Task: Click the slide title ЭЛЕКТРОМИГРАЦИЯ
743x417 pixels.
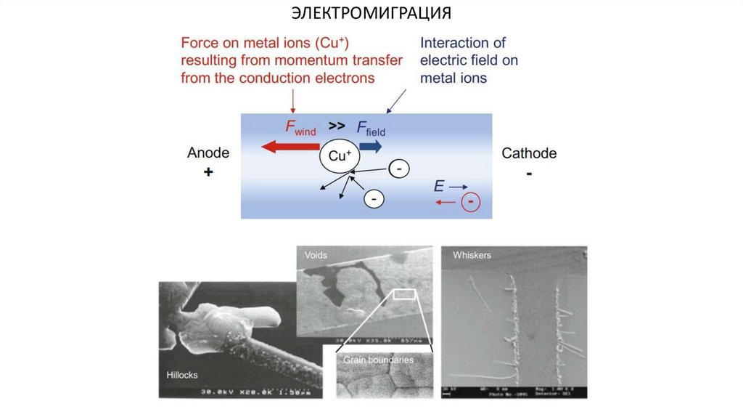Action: pyautogui.click(x=371, y=13)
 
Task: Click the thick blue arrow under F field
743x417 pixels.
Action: pyautogui.click(x=370, y=147)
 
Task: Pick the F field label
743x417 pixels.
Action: pyautogui.click(x=371, y=129)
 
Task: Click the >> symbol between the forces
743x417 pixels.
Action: pyautogui.click(x=336, y=124)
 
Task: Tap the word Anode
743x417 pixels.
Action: pyautogui.click(x=208, y=153)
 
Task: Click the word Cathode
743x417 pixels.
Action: pyautogui.click(x=529, y=153)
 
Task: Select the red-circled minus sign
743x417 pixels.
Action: pyautogui.click(x=471, y=202)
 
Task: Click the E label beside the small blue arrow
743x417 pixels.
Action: pyautogui.click(x=438, y=187)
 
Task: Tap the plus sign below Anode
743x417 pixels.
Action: pyautogui.click(x=208, y=173)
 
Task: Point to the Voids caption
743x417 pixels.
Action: pyautogui.click(x=316, y=256)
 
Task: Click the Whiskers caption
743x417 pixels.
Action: pyautogui.click(x=472, y=256)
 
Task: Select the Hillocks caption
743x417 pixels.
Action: pyautogui.click(x=182, y=375)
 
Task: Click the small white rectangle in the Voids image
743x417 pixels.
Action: pyautogui.click(x=404, y=294)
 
